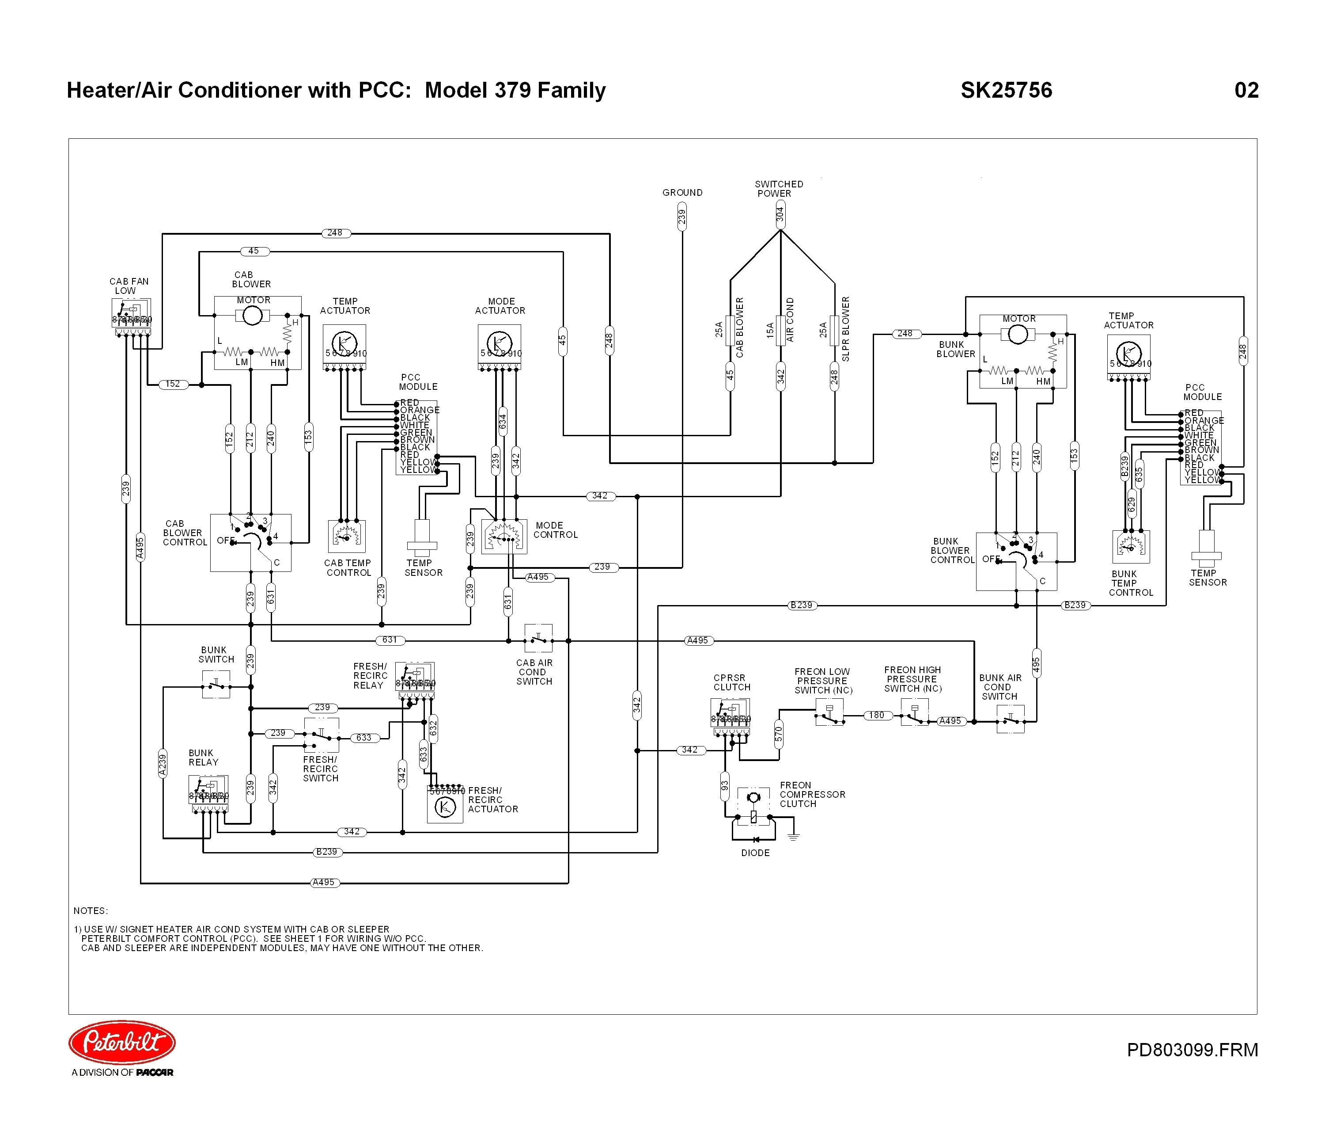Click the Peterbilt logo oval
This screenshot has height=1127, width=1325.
click(122, 1042)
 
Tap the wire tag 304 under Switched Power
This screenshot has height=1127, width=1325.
click(780, 215)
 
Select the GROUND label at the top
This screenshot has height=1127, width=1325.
click(682, 192)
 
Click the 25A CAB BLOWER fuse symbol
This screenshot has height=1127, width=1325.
click(730, 330)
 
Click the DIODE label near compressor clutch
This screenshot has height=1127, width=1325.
click(755, 853)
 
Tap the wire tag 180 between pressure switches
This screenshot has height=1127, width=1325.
click(876, 715)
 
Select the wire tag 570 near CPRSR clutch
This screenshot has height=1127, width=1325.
click(778, 734)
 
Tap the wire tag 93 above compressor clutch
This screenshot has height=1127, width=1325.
click(725, 786)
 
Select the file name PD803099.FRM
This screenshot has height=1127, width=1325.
click(1192, 1049)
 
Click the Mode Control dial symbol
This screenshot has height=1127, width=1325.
click(503, 536)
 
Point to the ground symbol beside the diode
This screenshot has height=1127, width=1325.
click(793, 836)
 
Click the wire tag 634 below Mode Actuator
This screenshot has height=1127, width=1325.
click(503, 422)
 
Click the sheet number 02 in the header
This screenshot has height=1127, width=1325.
click(1246, 90)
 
